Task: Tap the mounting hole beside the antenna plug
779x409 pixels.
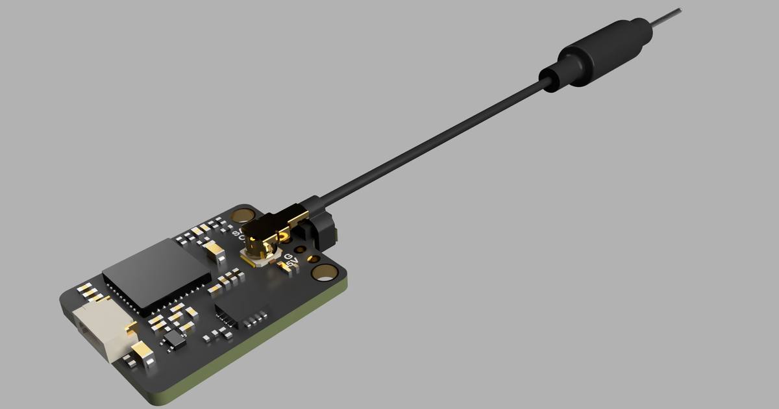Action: coord(244,215)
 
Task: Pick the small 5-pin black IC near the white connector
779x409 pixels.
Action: coord(173,340)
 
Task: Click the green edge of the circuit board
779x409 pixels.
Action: coord(260,351)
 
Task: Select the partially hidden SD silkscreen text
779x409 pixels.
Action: coord(236,232)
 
